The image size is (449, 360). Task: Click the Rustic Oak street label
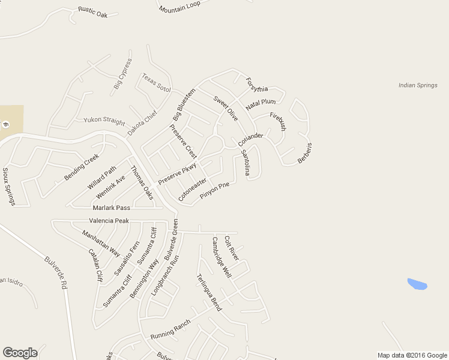[x=92, y=11]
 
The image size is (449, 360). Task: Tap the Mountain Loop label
[x=179, y=8]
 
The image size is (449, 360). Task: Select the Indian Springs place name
[x=418, y=85]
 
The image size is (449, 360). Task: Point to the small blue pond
[x=417, y=284]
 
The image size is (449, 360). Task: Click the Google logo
[x=20, y=353]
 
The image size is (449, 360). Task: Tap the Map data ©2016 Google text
[x=411, y=355]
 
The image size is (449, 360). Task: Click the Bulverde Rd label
[x=55, y=273]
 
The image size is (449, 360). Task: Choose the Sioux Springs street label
[x=8, y=187]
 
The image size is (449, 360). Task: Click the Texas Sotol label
[x=156, y=82]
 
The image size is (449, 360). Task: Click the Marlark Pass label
[x=110, y=208]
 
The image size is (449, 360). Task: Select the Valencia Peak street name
[x=109, y=221]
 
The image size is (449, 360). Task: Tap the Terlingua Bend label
[x=209, y=292]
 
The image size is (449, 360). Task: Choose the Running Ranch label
[x=170, y=329]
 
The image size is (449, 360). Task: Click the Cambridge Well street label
[x=221, y=257]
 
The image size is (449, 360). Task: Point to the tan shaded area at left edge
[x=11, y=120]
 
